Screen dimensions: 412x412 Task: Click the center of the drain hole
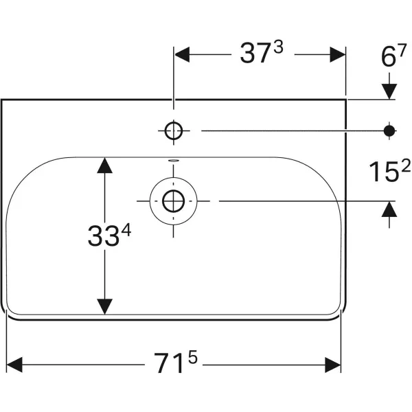173,201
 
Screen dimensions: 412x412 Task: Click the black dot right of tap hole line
389,129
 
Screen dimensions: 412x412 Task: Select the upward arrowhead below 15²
389,209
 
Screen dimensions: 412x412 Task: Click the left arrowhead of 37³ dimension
183,54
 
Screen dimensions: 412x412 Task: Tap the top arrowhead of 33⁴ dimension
104,165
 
